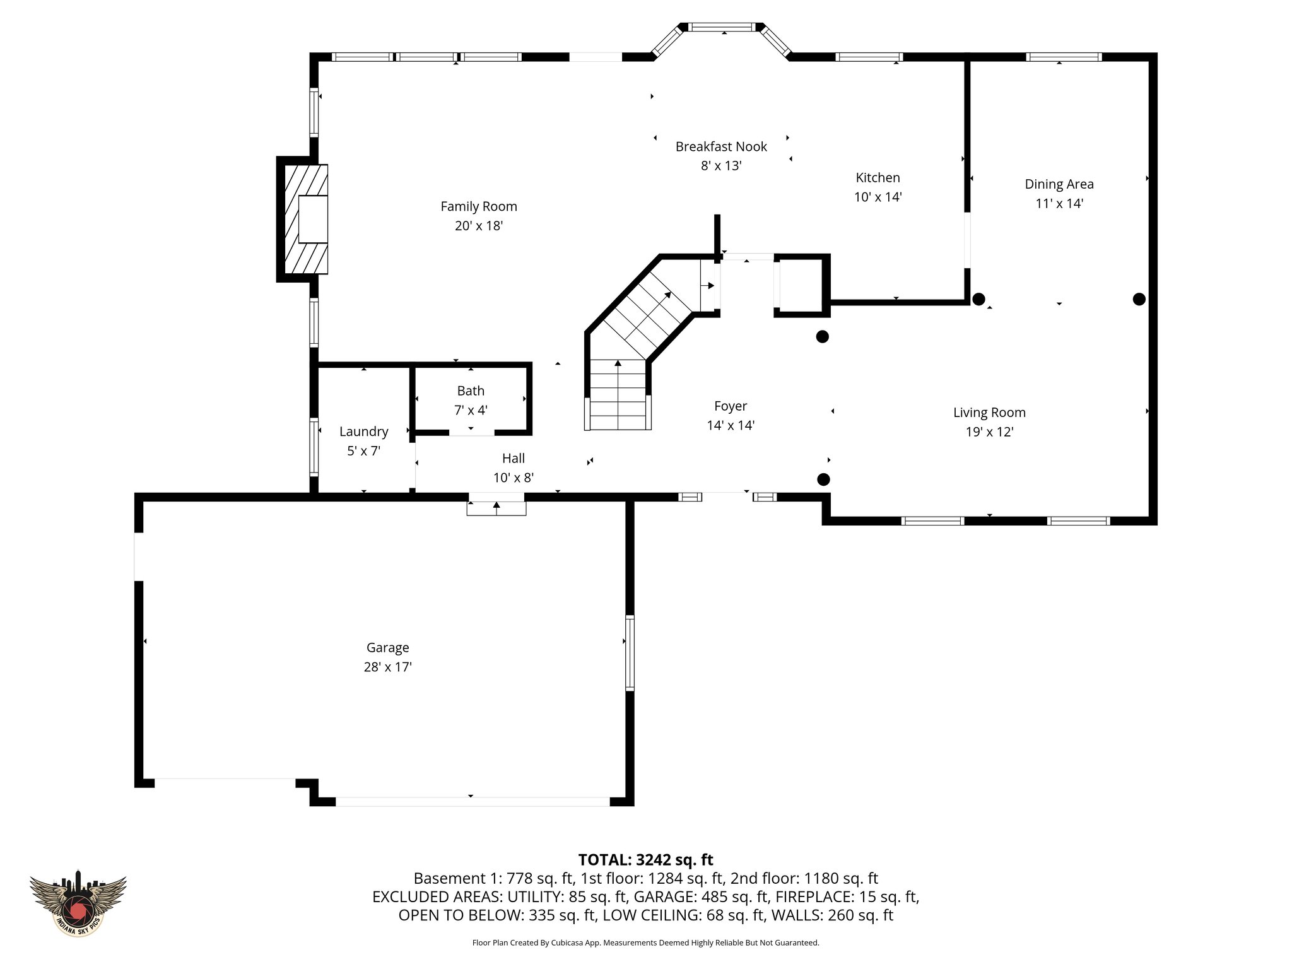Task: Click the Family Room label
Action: (478, 206)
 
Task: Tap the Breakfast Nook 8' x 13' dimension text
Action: (720, 166)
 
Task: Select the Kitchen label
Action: (878, 178)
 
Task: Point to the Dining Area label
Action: (1059, 184)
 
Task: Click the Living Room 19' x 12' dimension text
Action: (989, 432)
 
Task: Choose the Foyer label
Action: (730, 406)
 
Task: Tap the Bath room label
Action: (471, 391)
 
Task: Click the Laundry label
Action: (363, 432)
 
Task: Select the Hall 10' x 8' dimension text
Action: (513, 478)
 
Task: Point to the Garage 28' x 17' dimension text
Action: (387, 667)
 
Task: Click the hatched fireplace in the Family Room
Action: (305, 219)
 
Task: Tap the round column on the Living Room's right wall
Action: (1139, 299)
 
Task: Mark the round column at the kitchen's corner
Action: (978, 299)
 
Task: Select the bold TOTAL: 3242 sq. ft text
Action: (645, 860)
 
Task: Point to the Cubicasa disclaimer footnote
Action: (645, 943)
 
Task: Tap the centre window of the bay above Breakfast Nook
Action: (720, 27)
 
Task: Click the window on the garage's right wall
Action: (629, 652)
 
